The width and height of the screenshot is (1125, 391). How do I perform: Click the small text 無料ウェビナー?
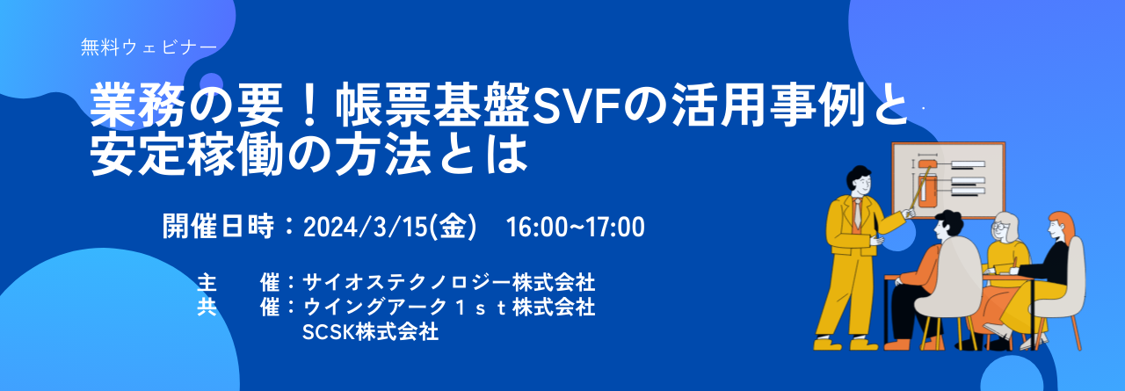149,47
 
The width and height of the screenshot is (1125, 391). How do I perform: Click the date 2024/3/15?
367,228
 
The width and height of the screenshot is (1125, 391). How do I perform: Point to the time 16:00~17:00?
575,228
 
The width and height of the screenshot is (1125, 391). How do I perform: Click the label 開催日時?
219,227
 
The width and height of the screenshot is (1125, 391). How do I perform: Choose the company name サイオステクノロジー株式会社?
448,283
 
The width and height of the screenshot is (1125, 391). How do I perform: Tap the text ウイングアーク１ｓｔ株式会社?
448,307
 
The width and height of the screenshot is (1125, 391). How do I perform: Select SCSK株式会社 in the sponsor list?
370,332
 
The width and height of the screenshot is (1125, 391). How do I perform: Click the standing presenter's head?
859,182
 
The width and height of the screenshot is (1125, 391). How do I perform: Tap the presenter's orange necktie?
857,214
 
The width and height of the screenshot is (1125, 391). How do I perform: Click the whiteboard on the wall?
948,180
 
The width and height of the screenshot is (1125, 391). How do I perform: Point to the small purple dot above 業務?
212,83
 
